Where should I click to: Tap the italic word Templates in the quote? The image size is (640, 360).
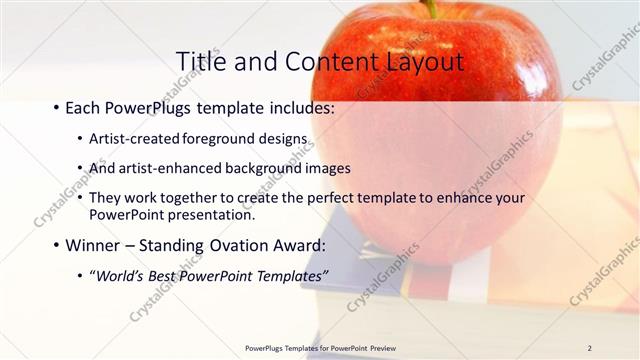(x=290, y=276)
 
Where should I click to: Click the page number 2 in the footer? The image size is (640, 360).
(x=590, y=348)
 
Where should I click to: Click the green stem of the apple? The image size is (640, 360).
(x=432, y=8)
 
